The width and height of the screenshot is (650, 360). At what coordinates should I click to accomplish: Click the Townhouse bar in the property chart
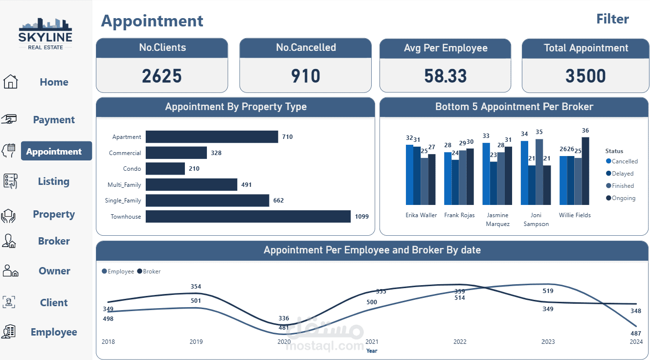point(248,217)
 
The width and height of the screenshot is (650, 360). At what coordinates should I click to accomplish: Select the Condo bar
point(165,169)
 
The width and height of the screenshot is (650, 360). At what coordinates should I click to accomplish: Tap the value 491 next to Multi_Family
point(246,185)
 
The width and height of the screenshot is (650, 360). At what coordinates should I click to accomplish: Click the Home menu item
point(54,82)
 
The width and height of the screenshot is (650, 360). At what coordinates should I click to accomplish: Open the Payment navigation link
point(54,120)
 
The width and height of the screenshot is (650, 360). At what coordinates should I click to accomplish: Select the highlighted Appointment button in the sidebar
point(56,151)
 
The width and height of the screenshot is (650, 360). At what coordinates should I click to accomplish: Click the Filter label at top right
point(612,19)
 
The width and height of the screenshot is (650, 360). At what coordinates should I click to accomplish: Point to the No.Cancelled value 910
point(306,76)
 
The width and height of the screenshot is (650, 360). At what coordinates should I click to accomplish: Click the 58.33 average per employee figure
point(446,76)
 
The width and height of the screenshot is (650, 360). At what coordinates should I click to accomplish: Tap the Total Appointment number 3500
point(585,76)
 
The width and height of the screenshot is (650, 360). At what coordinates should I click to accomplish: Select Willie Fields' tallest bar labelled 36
point(585,171)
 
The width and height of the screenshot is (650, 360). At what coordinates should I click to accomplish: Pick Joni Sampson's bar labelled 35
point(539,172)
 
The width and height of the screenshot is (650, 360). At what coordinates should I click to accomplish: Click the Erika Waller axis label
point(421,215)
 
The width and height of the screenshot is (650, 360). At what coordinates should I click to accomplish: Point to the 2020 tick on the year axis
point(284,341)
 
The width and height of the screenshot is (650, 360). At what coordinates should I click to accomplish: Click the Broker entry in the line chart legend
point(151,271)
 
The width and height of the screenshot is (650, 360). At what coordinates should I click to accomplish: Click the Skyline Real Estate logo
point(45,33)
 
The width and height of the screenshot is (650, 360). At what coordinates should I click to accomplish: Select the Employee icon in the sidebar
point(9,332)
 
